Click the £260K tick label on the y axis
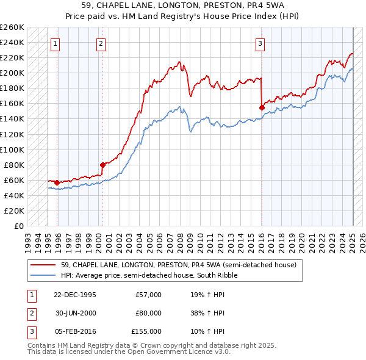(12, 27)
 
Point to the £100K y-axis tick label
(12, 149)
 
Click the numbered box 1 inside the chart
(56, 43)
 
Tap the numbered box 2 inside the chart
(101, 43)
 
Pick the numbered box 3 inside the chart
(260, 43)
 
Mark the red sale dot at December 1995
(57, 182)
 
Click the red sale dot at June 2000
(102, 165)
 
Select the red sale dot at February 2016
(262, 107)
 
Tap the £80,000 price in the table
(148, 313)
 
